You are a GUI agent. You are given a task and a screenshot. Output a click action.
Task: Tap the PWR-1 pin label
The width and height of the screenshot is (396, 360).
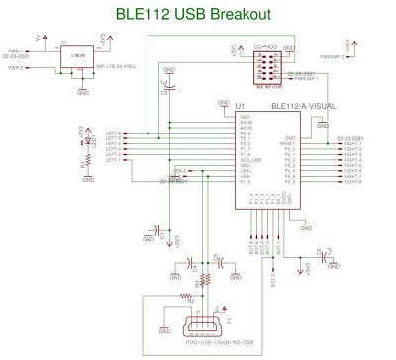16,50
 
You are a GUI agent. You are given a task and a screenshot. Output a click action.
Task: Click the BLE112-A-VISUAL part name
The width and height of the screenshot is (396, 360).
298,105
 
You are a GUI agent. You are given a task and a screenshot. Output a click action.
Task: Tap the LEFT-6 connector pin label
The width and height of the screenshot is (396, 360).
114,133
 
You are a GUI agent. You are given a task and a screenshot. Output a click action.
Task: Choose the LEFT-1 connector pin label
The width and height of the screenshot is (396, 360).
114,160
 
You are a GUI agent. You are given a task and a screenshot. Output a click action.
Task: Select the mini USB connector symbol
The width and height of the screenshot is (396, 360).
207,320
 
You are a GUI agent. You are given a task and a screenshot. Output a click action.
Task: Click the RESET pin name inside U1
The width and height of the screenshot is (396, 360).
289,143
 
